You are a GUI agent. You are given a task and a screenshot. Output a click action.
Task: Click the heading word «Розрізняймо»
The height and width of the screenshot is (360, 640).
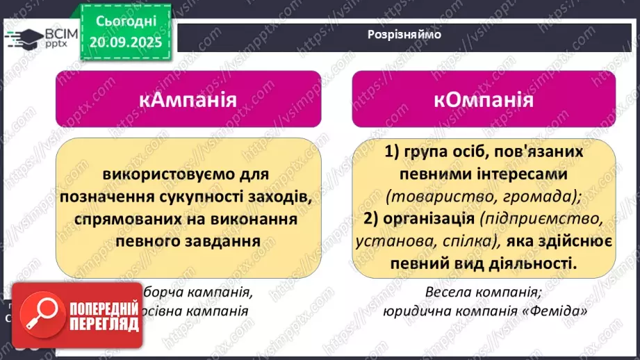[404, 34]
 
